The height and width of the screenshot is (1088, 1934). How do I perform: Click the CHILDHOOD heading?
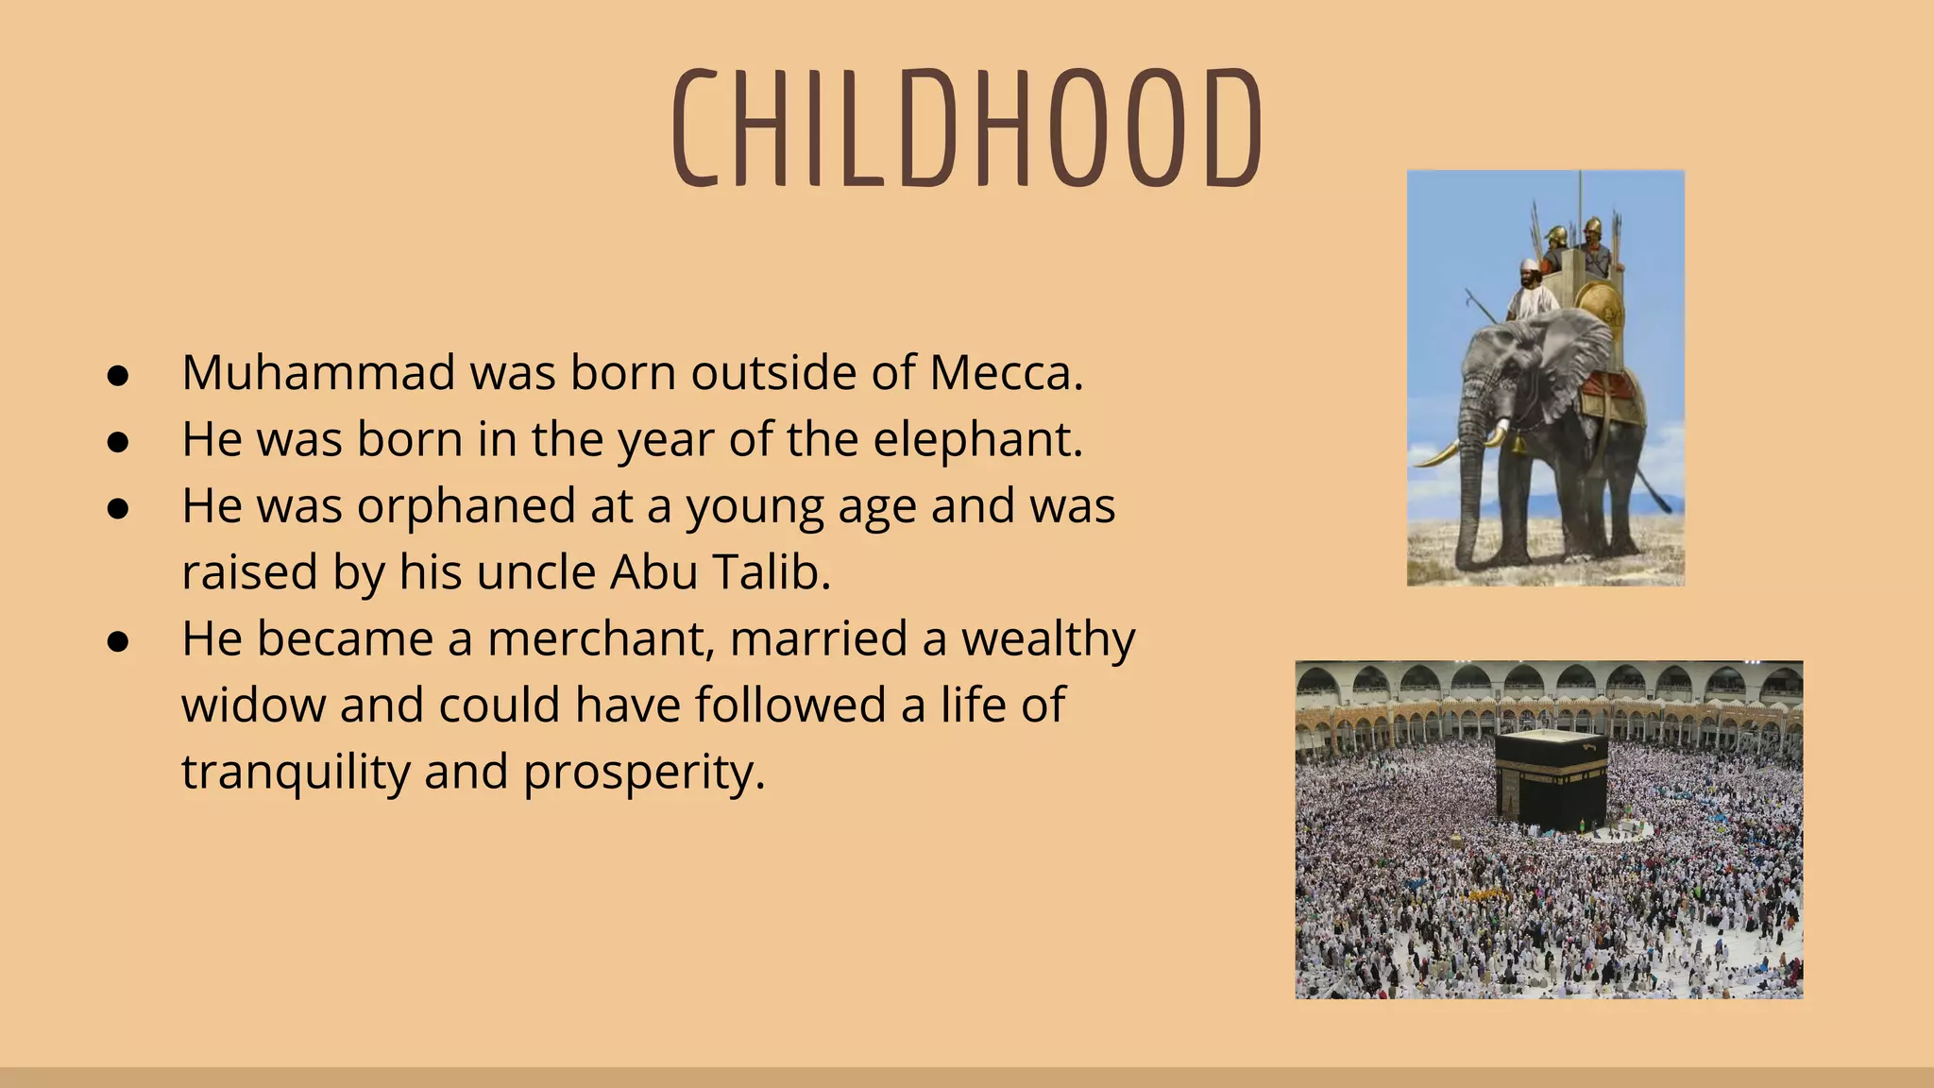tap(967, 127)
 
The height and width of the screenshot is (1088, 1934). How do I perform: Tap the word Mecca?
tap(1005, 372)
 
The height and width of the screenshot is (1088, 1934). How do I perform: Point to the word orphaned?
tap(467, 506)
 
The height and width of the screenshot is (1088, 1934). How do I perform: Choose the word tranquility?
tap(296, 773)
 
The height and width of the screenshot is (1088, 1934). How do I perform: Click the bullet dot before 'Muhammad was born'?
tap(118, 376)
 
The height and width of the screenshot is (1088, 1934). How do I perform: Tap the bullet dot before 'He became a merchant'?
tap(118, 642)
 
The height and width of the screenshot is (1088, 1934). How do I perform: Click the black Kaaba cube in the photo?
tap(1551, 779)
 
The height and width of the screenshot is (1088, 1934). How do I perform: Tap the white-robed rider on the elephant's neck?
tap(1531, 293)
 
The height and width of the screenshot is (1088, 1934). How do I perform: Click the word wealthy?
tap(1048, 638)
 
